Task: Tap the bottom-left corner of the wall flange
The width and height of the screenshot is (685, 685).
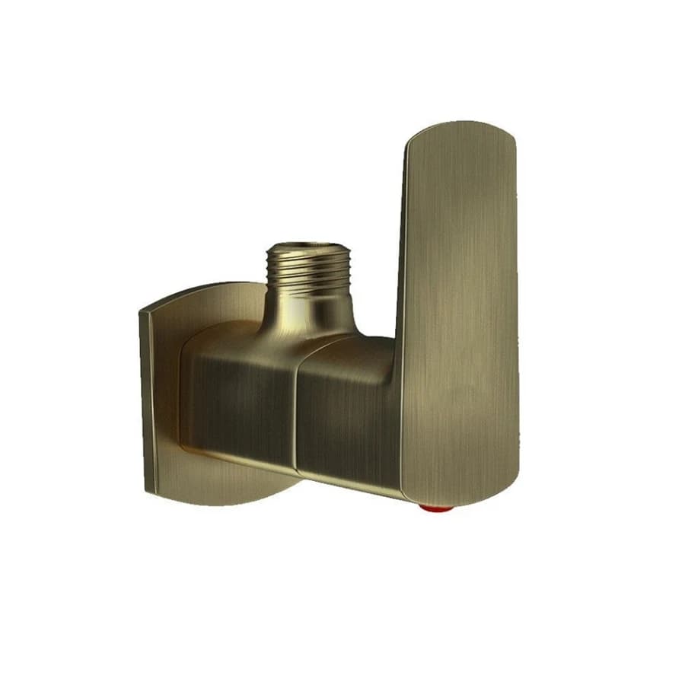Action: [147, 489]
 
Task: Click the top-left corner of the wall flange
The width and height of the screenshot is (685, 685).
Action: [143, 311]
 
